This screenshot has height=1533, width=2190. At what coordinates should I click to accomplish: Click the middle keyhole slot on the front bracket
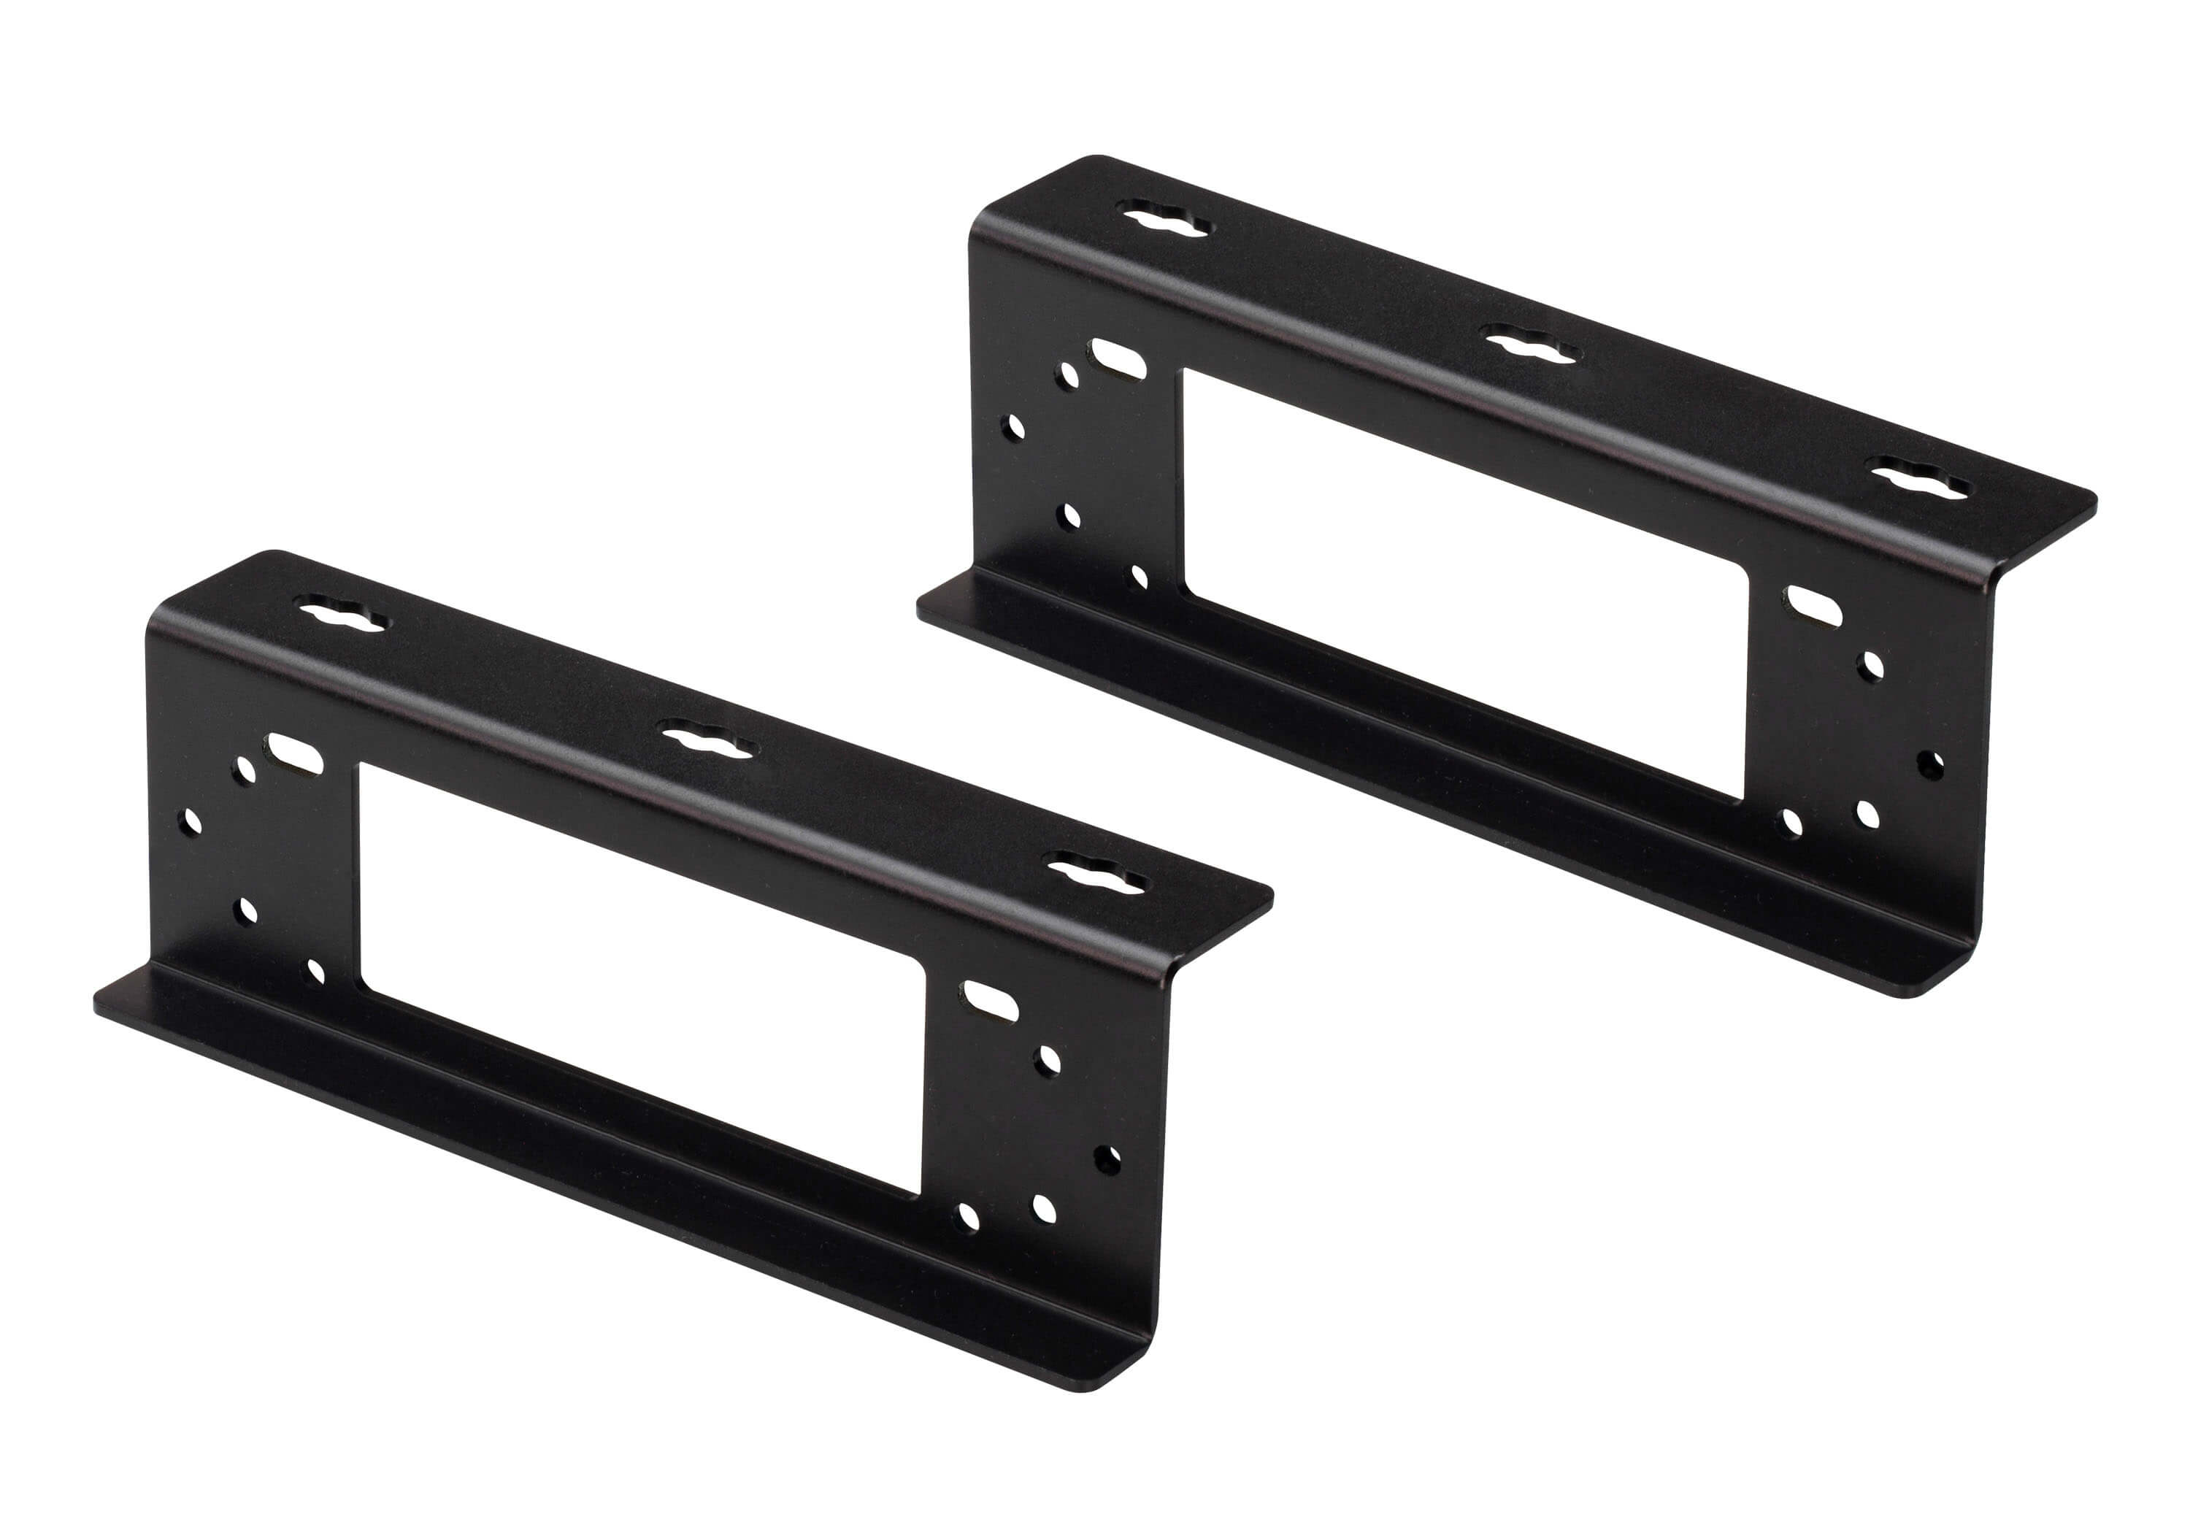[x=709, y=738]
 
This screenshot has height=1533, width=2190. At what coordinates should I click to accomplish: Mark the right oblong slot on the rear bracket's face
[x=1815, y=607]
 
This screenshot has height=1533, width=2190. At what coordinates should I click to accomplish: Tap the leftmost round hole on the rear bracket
[x=1015, y=426]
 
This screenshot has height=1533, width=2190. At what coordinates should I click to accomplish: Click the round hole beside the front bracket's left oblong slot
[x=246, y=769]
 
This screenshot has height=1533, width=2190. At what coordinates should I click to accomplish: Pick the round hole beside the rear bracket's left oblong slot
[x=1068, y=375]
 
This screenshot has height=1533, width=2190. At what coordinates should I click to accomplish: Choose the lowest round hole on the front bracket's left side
[x=315, y=972]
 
